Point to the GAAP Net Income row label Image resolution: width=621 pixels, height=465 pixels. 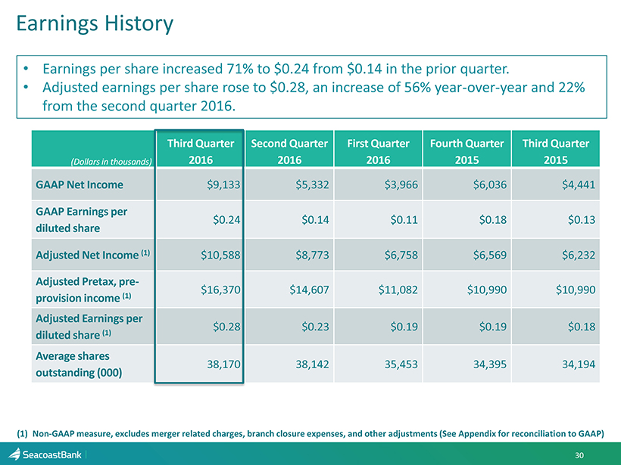pyautogui.click(x=79, y=184)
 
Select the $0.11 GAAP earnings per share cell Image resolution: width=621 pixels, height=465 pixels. pyautogui.click(x=399, y=219)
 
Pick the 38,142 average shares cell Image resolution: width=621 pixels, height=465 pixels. pyautogui.click(x=310, y=364)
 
